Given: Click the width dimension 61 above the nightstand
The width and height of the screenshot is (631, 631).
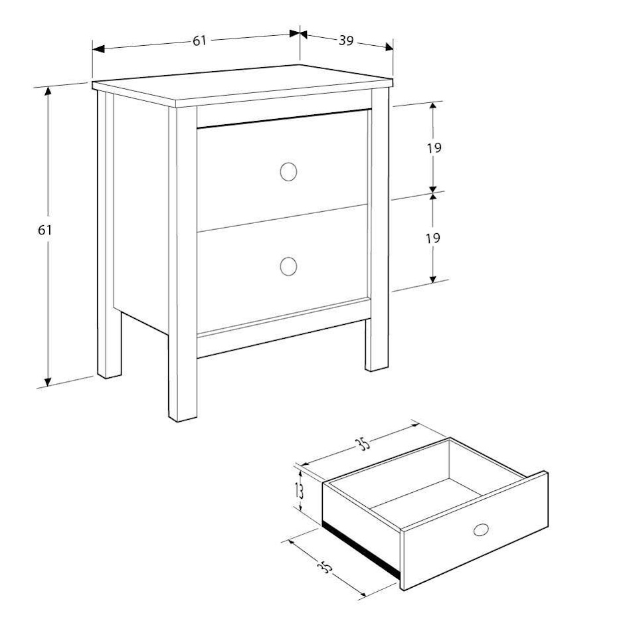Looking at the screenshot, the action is tap(199, 41).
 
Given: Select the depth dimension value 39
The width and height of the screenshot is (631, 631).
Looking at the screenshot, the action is tap(346, 41).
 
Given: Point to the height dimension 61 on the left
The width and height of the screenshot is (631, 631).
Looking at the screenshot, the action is tap(45, 230).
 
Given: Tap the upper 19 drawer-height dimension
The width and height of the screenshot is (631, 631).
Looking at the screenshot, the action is tap(434, 148).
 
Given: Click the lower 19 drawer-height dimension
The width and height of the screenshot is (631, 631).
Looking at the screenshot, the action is tap(433, 238).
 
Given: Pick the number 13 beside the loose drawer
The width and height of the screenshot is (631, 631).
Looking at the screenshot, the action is tap(300, 491).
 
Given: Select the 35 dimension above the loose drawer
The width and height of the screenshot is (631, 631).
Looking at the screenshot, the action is tap(362, 444).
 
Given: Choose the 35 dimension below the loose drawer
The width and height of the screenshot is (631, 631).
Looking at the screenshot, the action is tap(325, 567).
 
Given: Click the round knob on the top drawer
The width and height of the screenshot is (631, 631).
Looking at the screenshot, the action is tap(288, 172).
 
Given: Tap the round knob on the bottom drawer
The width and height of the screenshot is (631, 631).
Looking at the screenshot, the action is tap(288, 266).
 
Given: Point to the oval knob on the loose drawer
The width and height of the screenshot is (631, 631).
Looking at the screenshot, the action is tap(481, 529).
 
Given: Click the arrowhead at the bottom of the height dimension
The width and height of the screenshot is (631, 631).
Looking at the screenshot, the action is tap(48, 381).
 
